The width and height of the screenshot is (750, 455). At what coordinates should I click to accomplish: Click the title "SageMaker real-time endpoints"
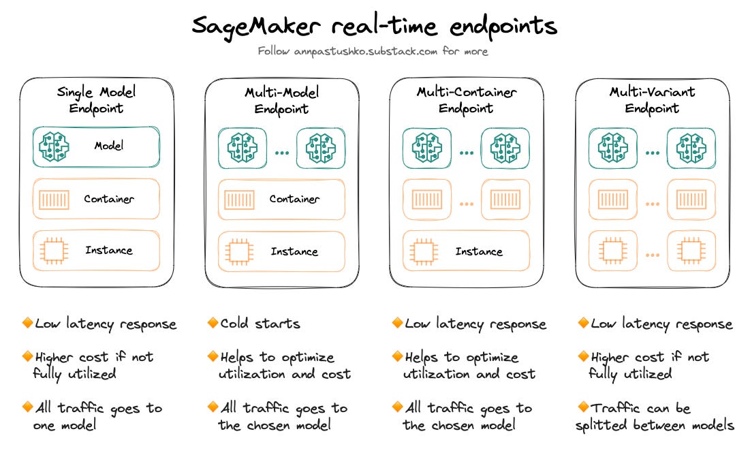point(374,27)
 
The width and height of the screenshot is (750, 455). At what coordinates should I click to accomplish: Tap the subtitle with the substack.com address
point(373,51)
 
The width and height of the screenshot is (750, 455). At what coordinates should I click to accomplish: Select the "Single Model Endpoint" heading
point(96,99)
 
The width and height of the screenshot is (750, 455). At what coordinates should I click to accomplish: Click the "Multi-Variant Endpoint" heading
point(652,99)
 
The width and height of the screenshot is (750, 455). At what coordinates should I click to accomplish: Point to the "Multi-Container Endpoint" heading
point(467,99)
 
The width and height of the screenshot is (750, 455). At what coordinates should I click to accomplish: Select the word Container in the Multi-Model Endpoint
point(294,199)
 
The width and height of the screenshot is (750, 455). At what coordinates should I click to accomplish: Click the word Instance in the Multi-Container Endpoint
point(479,251)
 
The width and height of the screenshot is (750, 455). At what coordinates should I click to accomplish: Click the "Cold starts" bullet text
point(260,324)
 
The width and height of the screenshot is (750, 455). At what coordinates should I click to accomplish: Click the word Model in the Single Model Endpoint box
point(110,146)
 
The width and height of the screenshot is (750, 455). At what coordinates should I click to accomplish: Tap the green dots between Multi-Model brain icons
point(281,153)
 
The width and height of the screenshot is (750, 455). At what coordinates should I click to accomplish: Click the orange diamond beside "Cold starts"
point(213,323)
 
